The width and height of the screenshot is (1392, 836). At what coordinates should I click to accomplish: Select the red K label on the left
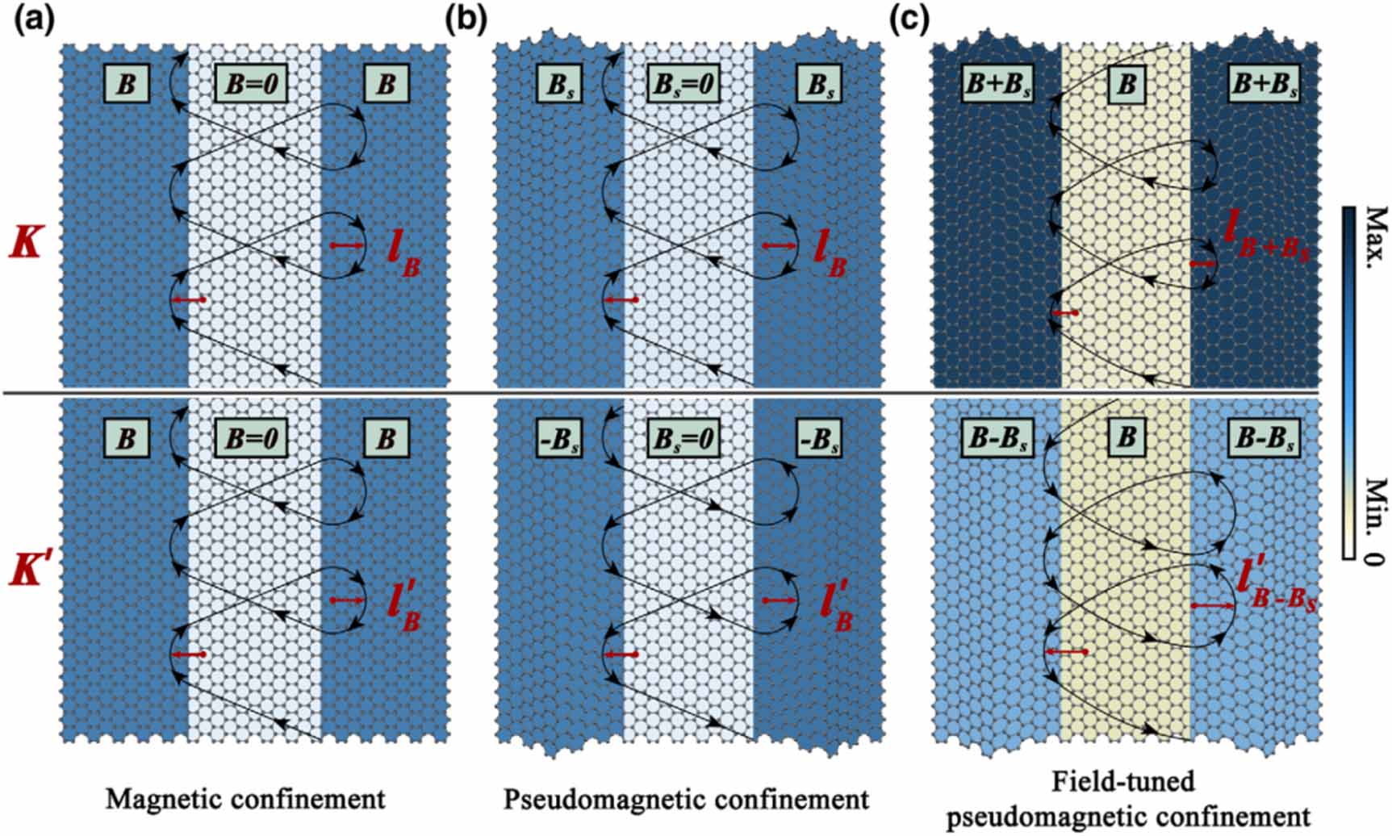coord(26,241)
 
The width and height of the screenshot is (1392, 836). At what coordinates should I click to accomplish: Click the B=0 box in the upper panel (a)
coord(251,84)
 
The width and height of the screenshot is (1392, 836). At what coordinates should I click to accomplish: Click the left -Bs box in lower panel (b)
coord(558,438)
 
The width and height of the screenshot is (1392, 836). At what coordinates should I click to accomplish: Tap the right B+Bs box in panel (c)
coord(1264,84)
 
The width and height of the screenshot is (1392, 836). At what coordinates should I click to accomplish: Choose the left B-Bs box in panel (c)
coord(998,438)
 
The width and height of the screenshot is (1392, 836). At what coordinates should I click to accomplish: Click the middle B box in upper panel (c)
coord(1127,84)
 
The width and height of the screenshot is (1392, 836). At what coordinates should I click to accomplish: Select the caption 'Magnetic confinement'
coord(245,799)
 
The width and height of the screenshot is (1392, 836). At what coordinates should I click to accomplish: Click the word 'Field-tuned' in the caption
coord(1123,781)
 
